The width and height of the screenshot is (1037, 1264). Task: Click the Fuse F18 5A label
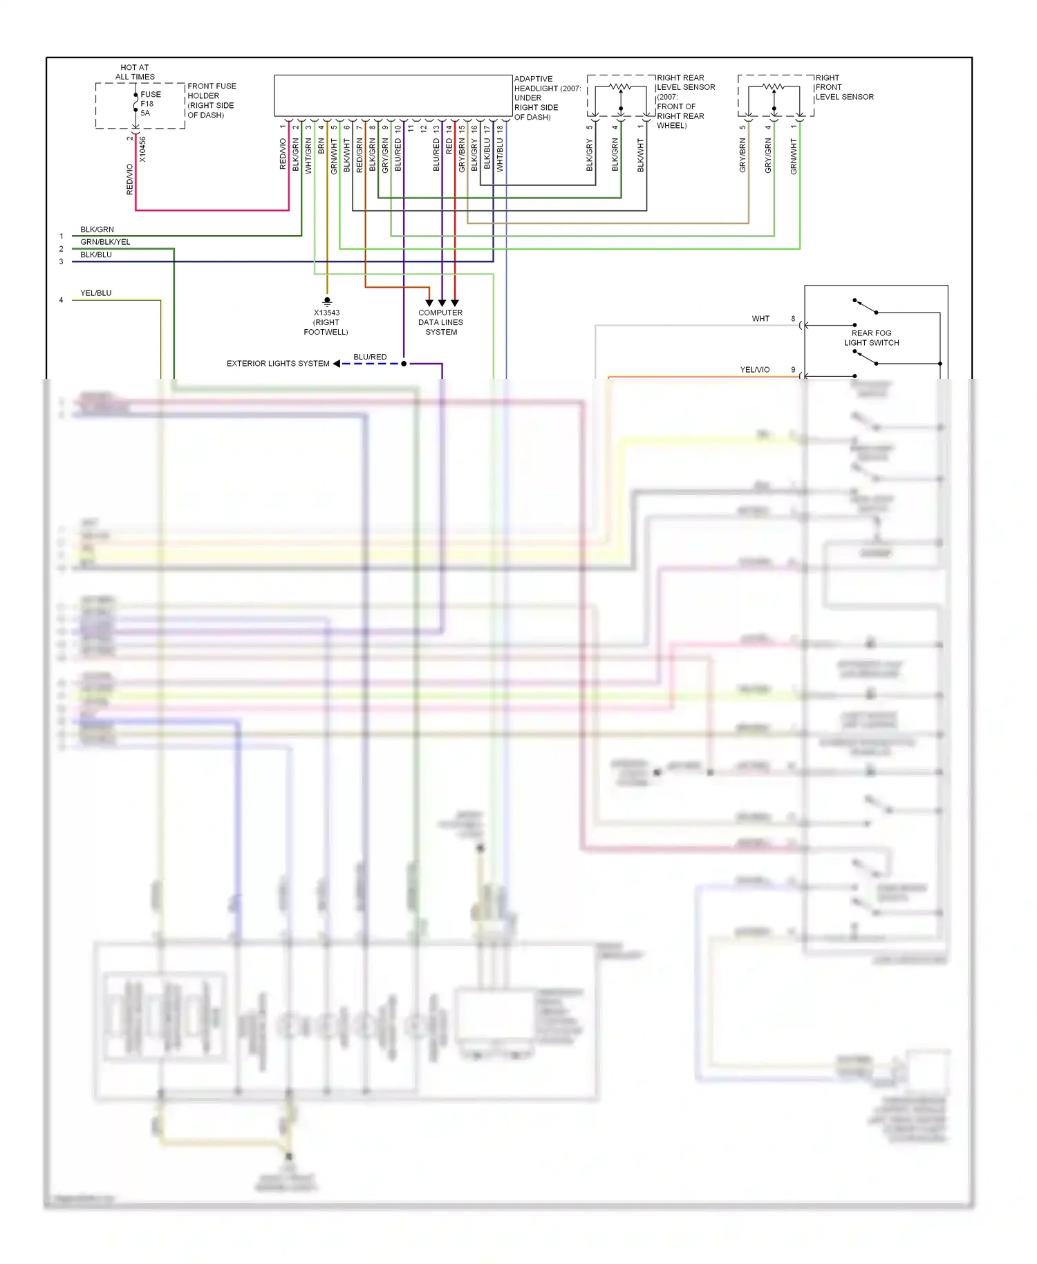pyautogui.click(x=150, y=104)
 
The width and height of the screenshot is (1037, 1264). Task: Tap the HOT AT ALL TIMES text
pyautogui.click(x=135, y=73)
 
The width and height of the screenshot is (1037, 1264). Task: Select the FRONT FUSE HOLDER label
pyautogui.click(x=211, y=100)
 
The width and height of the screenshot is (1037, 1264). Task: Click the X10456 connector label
pyautogui.click(x=142, y=149)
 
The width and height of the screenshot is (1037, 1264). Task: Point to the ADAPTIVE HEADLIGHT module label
pyautogui.click(x=546, y=97)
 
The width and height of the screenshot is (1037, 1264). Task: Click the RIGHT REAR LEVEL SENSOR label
pyautogui.click(x=684, y=101)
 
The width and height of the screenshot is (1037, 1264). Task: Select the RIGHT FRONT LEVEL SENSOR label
pyautogui.click(x=843, y=87)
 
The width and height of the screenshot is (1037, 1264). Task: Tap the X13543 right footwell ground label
pyautogui.click(x=326, y=322)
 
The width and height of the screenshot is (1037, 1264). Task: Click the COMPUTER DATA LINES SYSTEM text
pyautogui.click(x=440, y=322)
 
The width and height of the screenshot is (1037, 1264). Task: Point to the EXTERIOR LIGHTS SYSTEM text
pyautogui.click(x=278, y=364)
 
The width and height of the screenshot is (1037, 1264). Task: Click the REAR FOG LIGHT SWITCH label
pyautogui.click(x=871, y=337)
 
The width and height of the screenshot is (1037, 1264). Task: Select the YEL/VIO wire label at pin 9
pyautogui.click(x=754, y=370)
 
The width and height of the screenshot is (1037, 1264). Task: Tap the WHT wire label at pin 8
pyautogui.click(x=760, y=319)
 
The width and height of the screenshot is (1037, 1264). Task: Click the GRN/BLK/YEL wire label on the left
pyautogui.click(x=105, y=242)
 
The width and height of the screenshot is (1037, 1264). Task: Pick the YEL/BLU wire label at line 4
pyautogui.click(x=95, y=293)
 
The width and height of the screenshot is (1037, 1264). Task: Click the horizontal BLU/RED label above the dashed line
pyautogui.click(x=370, y=357)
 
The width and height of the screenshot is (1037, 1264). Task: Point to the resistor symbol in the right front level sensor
pyautogui.click(x=774, y=87)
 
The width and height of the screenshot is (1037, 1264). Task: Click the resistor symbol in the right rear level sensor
pyautogui.click(x=621, y=87)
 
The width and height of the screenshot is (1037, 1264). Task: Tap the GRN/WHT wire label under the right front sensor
pyautogui.click(x=794, y=156)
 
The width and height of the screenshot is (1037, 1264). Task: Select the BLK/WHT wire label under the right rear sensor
pyautogui.click(x=641, y=156)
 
